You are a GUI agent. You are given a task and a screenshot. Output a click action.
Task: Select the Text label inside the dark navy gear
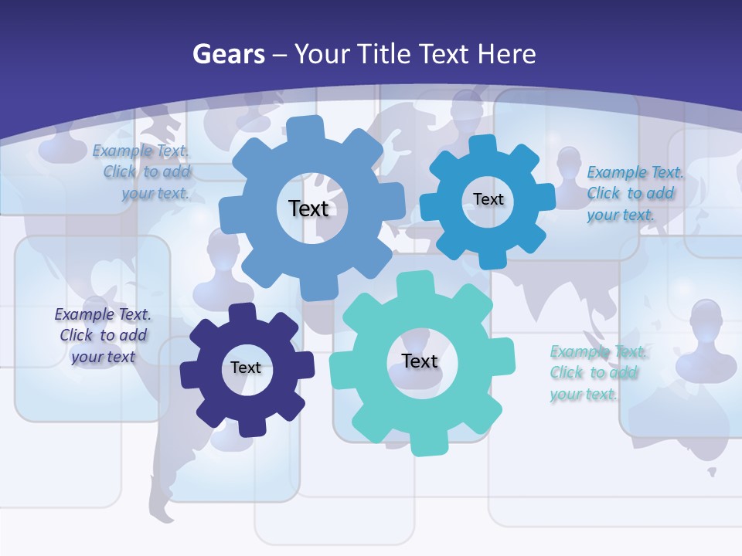tap(246, 368)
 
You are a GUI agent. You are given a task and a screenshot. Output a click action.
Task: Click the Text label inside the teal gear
tap(420, 361)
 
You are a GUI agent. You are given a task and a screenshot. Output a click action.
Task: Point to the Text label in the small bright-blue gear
tap(488, 199)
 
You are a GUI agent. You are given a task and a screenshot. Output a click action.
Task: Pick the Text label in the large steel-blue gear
tap(308, 208)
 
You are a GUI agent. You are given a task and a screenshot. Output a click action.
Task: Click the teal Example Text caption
tap(597, 373)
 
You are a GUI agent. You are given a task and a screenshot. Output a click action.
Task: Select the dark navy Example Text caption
tap(103, 335)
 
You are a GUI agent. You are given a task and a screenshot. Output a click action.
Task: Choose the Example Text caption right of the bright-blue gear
tap(634, 193)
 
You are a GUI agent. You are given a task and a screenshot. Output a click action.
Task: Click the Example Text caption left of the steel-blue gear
tap(143, 171)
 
